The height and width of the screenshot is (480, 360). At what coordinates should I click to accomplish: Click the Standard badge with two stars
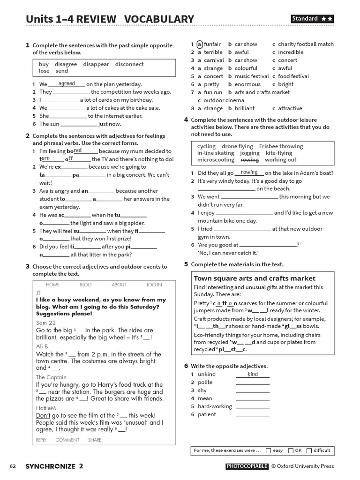point(312,19)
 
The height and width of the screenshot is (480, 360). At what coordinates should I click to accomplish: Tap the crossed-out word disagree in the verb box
point(66,64)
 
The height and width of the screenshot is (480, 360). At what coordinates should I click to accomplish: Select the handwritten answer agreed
point(67,83)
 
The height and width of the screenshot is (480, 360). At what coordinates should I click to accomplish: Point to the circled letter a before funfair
point(200,44)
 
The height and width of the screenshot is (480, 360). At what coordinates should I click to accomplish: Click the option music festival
point(252,76)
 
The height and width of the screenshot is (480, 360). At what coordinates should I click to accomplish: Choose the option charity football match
point(306,44)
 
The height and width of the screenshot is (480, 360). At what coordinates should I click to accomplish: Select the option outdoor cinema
point(224,100)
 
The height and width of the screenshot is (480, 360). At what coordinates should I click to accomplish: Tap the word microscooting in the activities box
point(216,160)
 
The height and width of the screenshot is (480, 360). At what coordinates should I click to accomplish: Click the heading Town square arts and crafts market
point(255,278)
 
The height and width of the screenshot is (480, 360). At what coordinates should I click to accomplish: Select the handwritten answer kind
point(253,374)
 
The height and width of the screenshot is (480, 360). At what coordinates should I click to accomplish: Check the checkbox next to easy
point(268,451)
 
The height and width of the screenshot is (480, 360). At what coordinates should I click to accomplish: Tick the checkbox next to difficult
point(309,451)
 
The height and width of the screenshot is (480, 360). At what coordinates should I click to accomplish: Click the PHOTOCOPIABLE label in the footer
point(247,466)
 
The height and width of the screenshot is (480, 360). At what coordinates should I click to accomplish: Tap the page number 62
point(13,466)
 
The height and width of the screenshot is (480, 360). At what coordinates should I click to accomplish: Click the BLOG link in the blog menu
point(86,285)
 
